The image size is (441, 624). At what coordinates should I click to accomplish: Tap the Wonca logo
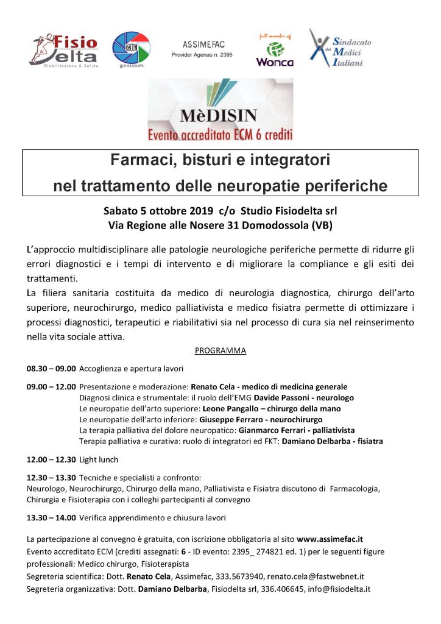pos(274,48)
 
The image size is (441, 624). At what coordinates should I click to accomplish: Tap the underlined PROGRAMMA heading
pos(220,350)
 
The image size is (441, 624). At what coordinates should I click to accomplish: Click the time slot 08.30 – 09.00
pos(51,369)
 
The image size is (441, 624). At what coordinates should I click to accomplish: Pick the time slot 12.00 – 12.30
pos(51,459)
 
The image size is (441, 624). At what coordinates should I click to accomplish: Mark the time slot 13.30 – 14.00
pos(51,518)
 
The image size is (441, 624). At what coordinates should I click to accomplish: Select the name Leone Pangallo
pos(233,409)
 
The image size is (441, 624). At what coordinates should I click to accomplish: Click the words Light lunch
pos(99,459)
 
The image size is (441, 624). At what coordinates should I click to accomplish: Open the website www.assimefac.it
pos(330,539)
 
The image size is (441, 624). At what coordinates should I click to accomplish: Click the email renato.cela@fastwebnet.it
pos(324,576)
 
